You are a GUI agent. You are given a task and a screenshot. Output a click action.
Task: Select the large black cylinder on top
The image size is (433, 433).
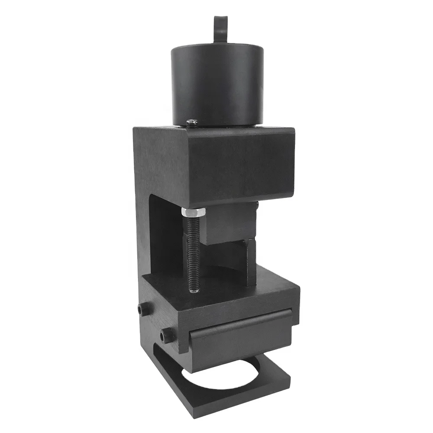point(217,87)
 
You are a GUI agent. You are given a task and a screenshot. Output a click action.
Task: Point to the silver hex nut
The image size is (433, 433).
point(193,213)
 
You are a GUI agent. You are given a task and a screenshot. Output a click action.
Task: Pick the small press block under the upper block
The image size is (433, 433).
point(229,225)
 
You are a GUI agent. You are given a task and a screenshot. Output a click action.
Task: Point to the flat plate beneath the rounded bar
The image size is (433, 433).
point(240,346)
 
